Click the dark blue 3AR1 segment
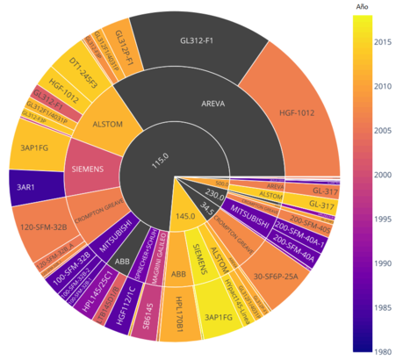tap(25, 188)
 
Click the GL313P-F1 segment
tap(126, 40)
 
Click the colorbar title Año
tap(362, 7)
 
